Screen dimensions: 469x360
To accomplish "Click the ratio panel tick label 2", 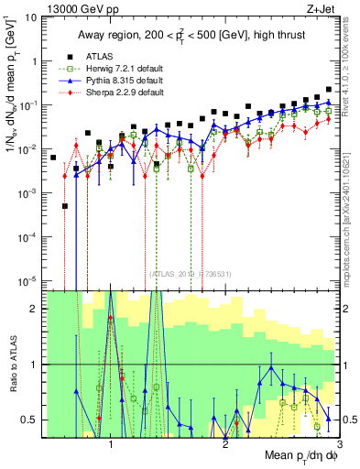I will (35, 309).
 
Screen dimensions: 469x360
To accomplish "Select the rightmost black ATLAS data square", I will (329, 90).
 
